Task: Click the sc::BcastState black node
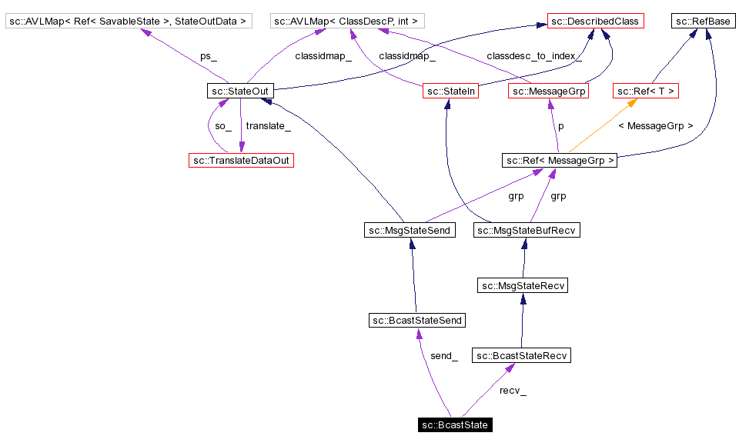(455, 424)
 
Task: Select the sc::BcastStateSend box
(417, 320)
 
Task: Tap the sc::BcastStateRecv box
(521, 355)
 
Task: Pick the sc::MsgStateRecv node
(523, 285)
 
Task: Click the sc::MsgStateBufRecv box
(526, 230)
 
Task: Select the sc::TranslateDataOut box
(242, 160)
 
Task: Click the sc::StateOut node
(239, 92)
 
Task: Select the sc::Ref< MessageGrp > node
(560, 160)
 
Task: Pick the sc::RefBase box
(703, 22)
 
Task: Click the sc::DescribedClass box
(595, 22)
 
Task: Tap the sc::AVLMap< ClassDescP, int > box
(349, 22)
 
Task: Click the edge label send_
(444, 356)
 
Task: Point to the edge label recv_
(513, 391)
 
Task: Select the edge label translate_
(268, 125)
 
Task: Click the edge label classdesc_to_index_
(534, 56)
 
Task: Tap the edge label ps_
(208, 56)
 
